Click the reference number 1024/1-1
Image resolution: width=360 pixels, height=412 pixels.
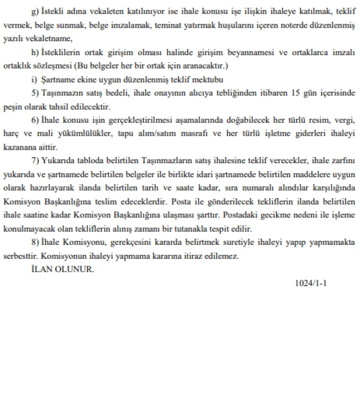pos(311,283)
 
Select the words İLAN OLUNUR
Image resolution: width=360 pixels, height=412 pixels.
pos(62,269)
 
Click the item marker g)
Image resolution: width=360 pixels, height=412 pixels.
pos(35,11)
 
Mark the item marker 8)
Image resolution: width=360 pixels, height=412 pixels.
pos(35,243)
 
